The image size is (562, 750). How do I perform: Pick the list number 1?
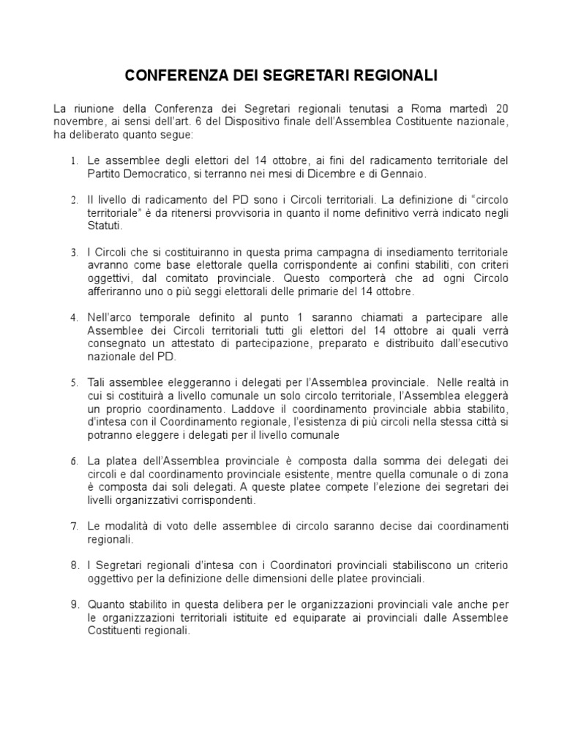(74, 160)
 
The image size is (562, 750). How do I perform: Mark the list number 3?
(74, 253)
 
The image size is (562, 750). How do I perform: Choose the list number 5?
(74, 383)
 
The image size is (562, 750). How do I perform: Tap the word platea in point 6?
(125, 461)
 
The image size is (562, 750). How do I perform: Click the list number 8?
(74, 566)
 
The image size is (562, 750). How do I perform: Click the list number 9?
(74, 605)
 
